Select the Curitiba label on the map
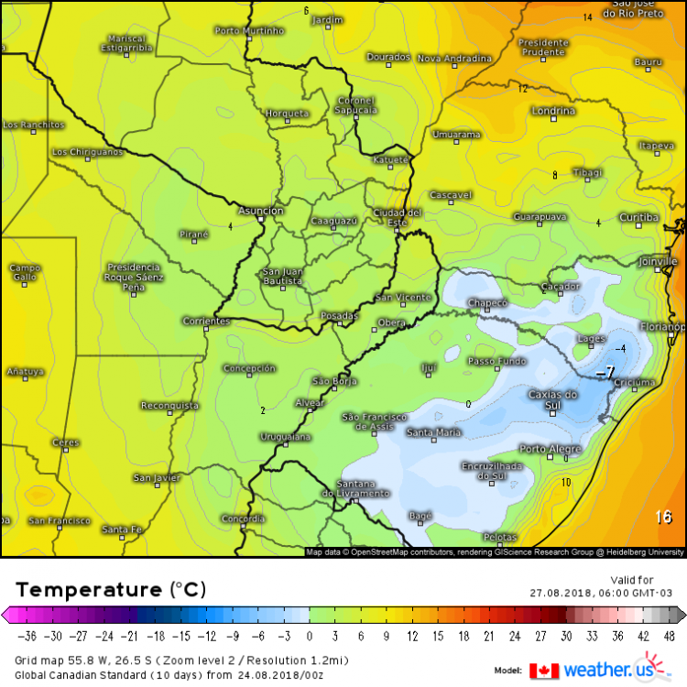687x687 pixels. [638, 217]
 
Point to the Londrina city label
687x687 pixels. [553, 111]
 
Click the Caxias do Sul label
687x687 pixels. [553, 399]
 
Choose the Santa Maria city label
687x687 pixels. [434, 432]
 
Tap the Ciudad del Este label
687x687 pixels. [397, 217]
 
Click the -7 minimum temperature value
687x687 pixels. [605, 373]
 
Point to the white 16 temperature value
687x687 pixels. [664, 518]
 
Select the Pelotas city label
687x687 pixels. [501, 538]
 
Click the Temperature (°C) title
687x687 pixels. [110, 588]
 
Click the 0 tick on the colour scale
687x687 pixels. [309, 637]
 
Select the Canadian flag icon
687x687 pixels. [543, 670]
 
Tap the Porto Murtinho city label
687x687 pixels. [250, 30]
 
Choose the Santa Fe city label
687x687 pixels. [121, 529]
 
